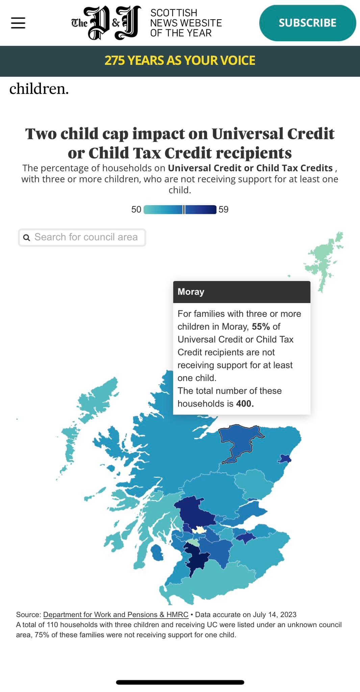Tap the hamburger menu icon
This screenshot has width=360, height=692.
pyautogui.click(x=18, y=23)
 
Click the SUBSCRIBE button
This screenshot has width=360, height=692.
pyautogui.click(x=307, y=23)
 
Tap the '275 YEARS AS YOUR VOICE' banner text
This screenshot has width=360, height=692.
pyautogui.click(x=180, y=60)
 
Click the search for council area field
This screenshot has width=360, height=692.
pyautogui.click(x=86, y=237)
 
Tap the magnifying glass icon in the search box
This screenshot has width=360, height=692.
pyautogui.click(x=26, y=238)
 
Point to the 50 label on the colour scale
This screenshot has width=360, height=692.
pyautogui.click(x=136, y=209)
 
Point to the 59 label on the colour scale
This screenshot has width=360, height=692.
pyautogui.click(x=224, y=209)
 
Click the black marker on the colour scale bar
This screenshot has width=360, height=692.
pyautogui.click(x=184, y=209)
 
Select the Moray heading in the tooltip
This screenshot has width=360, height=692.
pyautogui.click(x=191, y=292)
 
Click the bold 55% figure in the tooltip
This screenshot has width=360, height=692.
pyautogui.click(x=261, y=327)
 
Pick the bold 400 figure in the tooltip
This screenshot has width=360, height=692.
pyautogui.click(x=245, y=404)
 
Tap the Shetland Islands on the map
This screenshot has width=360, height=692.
pyautogui.click(x=323, y=260)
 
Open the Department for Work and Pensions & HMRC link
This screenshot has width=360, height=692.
pyautogui.click(x=115, y=615)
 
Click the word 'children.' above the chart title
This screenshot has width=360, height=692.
pyautogui.click(x=39, y=89)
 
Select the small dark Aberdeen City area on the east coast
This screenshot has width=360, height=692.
pyautogui.click(x=284, y=459)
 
